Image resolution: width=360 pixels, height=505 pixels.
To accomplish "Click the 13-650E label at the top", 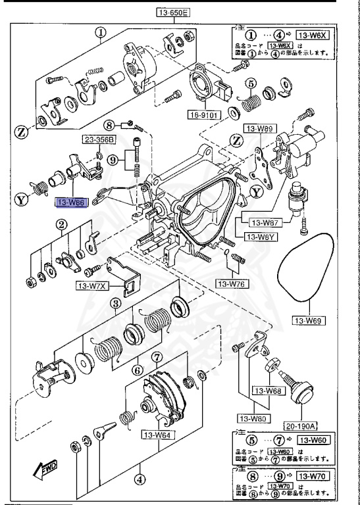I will coord(173,12).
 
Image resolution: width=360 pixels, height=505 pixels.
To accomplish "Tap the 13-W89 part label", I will coord(259,129).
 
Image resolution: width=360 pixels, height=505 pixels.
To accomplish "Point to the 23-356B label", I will coord(99,139).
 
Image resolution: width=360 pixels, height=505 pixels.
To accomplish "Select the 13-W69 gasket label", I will coord(309,322).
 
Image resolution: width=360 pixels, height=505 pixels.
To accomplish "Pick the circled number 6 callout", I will coord(138,370).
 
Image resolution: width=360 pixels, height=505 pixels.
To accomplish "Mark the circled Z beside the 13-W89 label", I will coord(235,139).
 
